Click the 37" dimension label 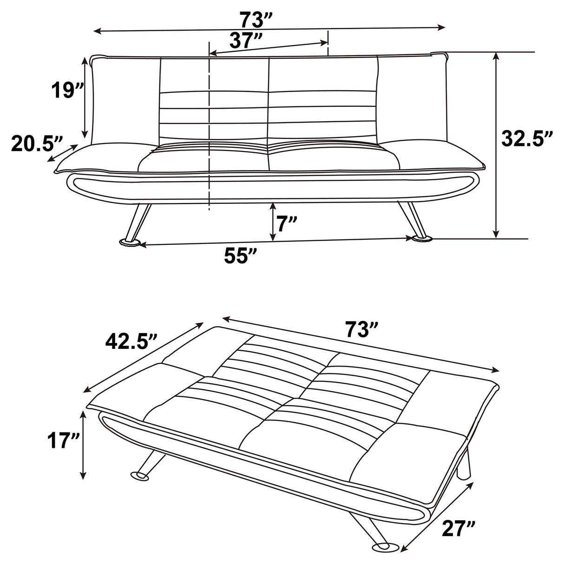tap(246, 42)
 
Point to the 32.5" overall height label tap(528, 138)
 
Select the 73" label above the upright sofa tap(256, 20)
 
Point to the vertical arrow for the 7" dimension tap(273, 222)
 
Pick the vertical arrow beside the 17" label tap(83, 446)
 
